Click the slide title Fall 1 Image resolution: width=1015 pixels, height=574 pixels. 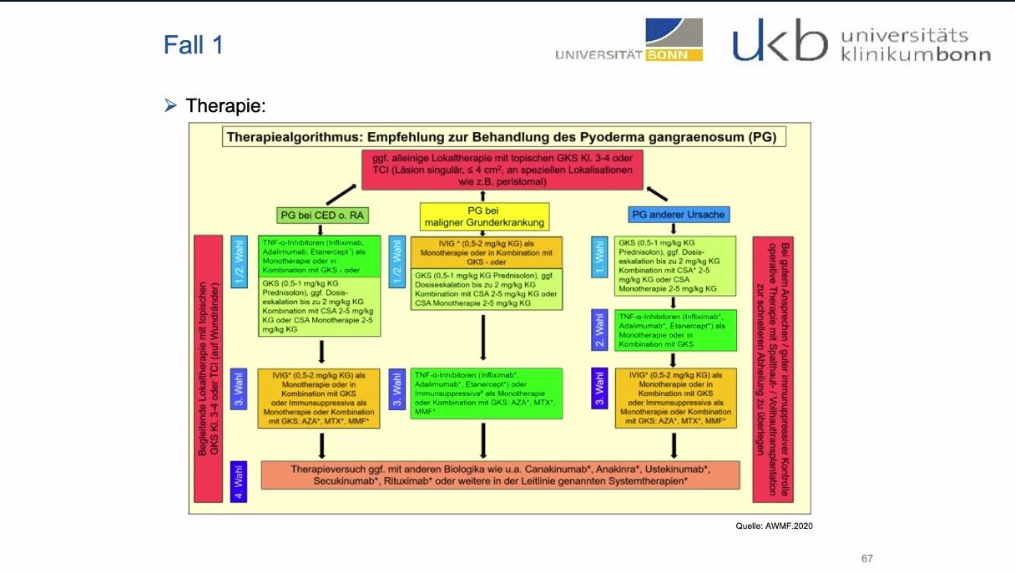[193, 44]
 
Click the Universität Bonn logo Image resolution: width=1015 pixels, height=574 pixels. [629, 41]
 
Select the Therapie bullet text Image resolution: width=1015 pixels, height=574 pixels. [225, 106]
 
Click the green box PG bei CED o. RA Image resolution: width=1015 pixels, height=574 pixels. [321, 215]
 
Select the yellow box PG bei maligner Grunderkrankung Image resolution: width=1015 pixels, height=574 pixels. [484, 216]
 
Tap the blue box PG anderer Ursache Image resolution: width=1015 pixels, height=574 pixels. [679, 215]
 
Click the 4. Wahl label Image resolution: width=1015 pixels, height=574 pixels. [239, 480]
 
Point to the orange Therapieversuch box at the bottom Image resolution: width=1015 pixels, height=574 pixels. [500, 475]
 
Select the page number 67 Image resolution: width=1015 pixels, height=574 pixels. [867, 558]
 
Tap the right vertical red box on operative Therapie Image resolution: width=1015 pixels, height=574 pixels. [772, 368]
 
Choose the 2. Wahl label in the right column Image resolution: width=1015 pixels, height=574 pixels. [599, 330]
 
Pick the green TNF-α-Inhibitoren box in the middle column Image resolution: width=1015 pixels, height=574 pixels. [487, 391]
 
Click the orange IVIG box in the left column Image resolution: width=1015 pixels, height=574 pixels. [321, 398]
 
